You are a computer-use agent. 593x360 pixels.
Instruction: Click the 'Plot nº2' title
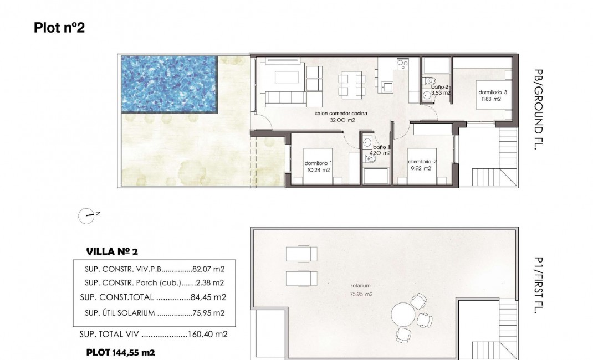(x=59, y=28)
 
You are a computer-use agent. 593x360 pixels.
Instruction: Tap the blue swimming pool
(x=168, y=84)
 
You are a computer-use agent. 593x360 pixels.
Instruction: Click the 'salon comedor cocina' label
(x=341, y=114)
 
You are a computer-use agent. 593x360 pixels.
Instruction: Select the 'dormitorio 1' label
(x=318, y=163)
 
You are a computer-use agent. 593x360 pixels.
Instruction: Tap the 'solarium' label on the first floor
(x=360, y=286)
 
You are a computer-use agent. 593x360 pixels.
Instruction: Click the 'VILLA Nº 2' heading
(x=111, y=251)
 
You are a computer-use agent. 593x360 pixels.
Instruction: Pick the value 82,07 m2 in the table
(x=208, y=269)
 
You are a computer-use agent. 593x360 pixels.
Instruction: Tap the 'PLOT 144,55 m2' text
(x=120, y=352)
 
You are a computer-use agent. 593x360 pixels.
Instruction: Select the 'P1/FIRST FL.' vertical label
(x=538, y=285)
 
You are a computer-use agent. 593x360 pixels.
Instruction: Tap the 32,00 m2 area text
(x=342, y=120)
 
